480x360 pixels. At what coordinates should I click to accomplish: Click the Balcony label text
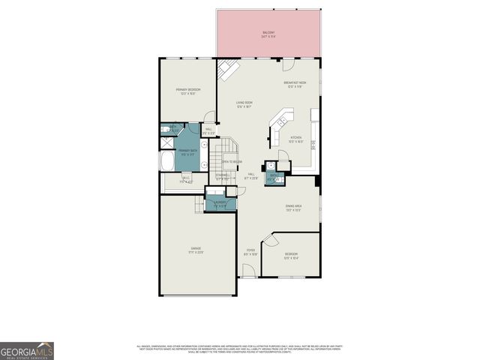(x=268, y=34)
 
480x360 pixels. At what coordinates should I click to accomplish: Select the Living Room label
(x=244, y=105)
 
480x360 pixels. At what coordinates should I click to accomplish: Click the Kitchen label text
(x=296, y=139)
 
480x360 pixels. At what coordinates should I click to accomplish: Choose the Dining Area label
(x=293, y=208)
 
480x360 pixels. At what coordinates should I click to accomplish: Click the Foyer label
(x=251, y=252)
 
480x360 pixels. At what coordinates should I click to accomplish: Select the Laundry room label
(x=220, y=204)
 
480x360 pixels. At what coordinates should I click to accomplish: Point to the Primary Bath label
(x=187, y=152)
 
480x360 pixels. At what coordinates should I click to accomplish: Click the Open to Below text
(x=232, y=162)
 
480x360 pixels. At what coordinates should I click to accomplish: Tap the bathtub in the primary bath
(x=166, y=161)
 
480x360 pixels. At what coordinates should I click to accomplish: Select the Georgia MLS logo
(x=27, y=350)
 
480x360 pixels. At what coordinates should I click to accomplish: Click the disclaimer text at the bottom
(x=238, y=349)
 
